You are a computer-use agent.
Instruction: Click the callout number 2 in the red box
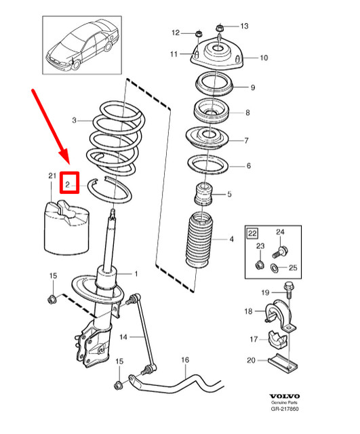pyautogui.click(x=68, y=183)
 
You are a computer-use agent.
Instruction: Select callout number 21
pyautogui.click(x=50, y=176)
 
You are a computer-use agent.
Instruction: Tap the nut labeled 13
pyautogui.click(x=220, y=28)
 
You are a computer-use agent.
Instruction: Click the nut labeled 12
pyautogui.click(x=197, y=33)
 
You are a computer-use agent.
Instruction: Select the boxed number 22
pyautogui.click(x=252, y=233)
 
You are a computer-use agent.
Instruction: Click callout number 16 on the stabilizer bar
pyautogui.click(x=184, y=361)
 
